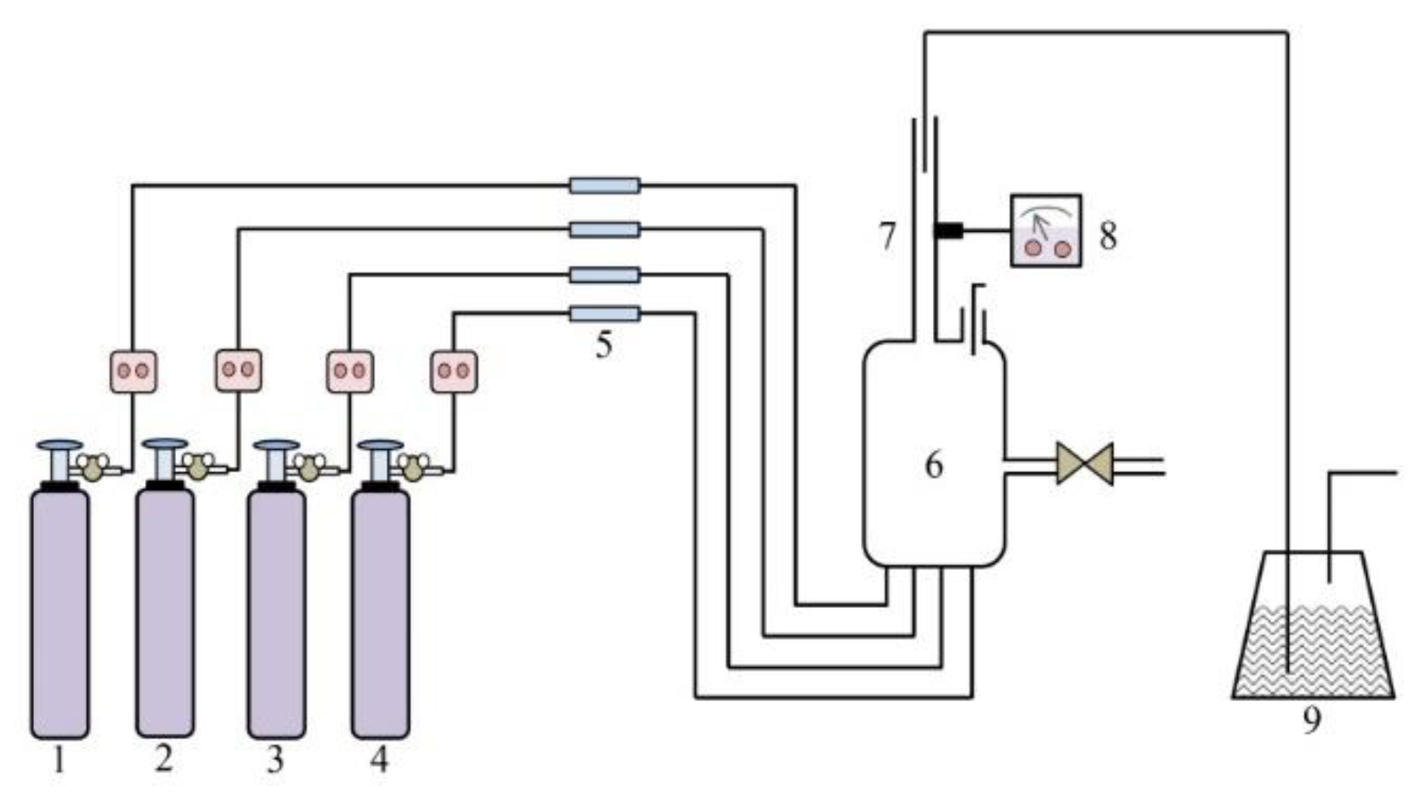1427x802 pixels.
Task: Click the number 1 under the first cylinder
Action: pyautogui.click(x=59, y=761)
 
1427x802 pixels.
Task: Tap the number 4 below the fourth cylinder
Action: pyautogui.click(x=378, y=759)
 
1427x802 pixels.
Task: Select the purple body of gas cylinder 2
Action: pyautogui.click(x=164, y=613)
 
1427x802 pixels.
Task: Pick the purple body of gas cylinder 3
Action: pyautogui.click(x=276, y=613)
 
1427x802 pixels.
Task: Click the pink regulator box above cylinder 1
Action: pyautogui.click(x=133, y=372)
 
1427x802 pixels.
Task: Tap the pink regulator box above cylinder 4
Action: pyautogui.click(x=454, y=372)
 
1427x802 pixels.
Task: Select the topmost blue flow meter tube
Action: pyautogui.click(x=605, y=185)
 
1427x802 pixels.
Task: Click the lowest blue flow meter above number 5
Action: pyautogui.click(x=605, y=314)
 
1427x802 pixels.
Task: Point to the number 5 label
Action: pyautogui.click(x=604, y=344)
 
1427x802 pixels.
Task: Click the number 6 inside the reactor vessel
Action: pyautogui.click(x=934, y=465)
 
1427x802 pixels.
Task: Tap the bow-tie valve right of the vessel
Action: pyautogui.click(x=1084, y=464)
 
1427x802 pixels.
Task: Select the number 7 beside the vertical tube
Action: pyautogui.click(x=887, y=236)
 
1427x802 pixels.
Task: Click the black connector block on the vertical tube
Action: pyautogui.click(x=948, y=230)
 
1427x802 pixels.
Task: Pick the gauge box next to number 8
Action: pyautogui.click(x=1045, y=231)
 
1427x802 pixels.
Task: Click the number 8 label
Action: pyautogui.click(x=1108, y=236)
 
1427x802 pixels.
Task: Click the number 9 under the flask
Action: pyautogui.click(x=1311, y=721)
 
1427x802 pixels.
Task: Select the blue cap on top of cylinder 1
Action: pyautogui.click(x=60, y=446)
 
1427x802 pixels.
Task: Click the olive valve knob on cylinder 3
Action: pyautogui.click(x=309, y=468)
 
